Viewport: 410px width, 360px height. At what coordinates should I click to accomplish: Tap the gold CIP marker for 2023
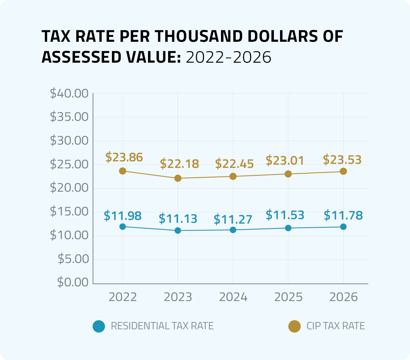point(178,178)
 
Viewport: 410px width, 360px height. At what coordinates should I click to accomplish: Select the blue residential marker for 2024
point(233,230)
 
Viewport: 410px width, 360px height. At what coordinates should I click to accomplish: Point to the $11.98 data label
point(123,215)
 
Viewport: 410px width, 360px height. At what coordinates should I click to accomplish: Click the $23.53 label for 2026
point(342,159)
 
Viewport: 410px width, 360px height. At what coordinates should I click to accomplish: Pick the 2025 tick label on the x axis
point(288,297)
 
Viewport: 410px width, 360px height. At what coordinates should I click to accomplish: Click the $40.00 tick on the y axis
point(69,93)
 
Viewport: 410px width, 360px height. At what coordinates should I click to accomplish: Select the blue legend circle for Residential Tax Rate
point(99,326)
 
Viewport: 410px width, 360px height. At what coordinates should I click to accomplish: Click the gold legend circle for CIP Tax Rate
point(294,326)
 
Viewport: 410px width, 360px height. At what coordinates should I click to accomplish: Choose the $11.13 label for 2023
point(178,218)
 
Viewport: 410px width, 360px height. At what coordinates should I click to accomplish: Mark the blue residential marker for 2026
point(343,226)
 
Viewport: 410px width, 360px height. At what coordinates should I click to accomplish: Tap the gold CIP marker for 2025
point(288,174)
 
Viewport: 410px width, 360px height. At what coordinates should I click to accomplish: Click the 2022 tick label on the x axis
point(123,297)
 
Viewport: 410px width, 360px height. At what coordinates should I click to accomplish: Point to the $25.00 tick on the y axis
point(69,164)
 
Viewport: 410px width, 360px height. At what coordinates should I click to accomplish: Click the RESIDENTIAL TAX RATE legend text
point(162,326)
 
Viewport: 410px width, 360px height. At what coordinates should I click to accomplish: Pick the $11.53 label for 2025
point(285,214)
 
